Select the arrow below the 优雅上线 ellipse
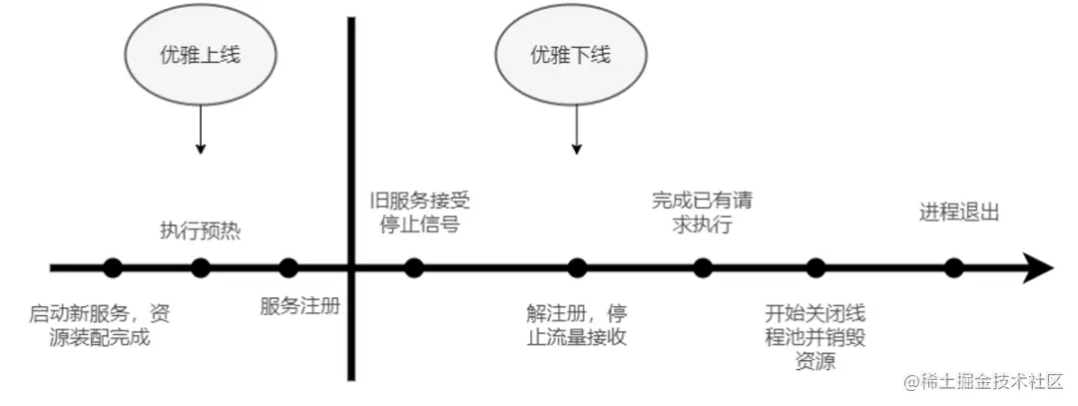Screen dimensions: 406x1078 point(201,130)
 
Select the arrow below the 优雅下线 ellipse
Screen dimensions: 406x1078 point(576,130)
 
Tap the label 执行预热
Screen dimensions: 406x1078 point(201,231)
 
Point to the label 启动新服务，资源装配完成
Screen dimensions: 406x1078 point(100,324)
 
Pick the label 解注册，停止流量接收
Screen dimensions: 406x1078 point(576,324)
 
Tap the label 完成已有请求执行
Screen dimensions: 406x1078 point(703,211)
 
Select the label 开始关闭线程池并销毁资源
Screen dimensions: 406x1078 point(815,335)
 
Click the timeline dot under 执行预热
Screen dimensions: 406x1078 point(201,267)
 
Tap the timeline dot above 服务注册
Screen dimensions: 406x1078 point(288,267)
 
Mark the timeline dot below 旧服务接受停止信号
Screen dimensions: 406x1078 point(414,267)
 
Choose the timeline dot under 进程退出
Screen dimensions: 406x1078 point(954,267)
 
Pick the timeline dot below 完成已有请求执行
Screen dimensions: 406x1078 point(703,267)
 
